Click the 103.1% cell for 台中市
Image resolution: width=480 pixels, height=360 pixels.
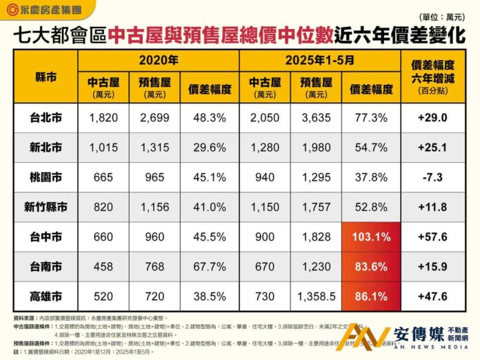(x=372, y=237)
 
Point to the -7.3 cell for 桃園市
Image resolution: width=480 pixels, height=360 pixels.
(x=436, y=177)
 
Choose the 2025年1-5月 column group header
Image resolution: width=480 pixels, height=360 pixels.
(x=319, y=59)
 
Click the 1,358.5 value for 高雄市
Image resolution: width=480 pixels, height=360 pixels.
(x=316, y=296)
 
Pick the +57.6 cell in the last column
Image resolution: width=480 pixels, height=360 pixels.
(x=436, y=237)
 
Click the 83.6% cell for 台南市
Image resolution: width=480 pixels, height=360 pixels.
(x=372, y=266)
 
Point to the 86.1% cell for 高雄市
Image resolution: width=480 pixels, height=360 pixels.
(x=372, y=296)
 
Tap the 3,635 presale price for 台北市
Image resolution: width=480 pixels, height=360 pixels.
(x=316, y=118)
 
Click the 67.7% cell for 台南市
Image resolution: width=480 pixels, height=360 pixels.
(x=209, y=266)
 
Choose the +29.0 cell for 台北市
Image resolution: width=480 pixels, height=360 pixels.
(x=436, y=118)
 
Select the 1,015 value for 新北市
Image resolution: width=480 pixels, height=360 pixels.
(x=103, y=148)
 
